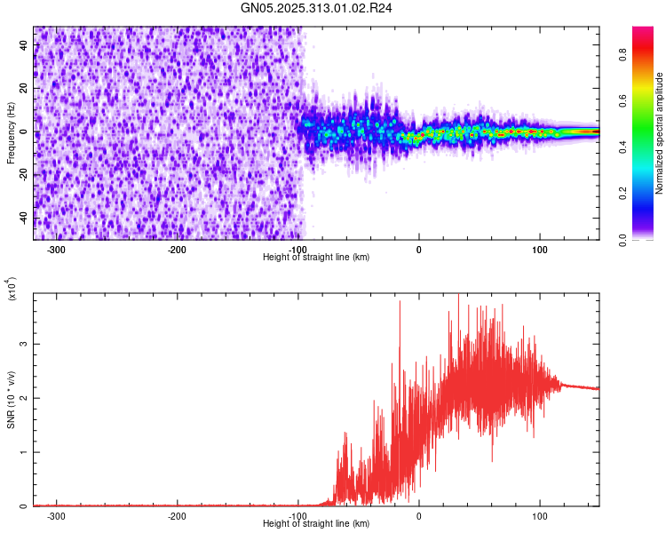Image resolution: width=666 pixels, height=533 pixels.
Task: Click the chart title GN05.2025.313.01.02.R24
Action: [x=332, y=8]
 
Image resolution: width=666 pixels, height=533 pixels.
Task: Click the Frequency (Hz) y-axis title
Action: [x=11, y=132]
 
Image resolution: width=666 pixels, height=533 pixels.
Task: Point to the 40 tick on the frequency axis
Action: [x=23, y=46]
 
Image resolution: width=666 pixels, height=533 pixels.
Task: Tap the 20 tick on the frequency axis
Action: [x=23, y=89]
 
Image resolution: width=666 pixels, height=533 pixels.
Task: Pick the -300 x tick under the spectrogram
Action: [x=57, y=250]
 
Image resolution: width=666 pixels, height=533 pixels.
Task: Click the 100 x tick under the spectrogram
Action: [x=539, y=250]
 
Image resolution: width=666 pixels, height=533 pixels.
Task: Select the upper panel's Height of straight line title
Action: [x=316, y=257]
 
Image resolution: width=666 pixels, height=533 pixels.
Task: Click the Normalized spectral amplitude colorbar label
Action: [x=660, y=132]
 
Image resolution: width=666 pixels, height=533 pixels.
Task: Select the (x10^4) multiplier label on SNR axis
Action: [x=12, y=289]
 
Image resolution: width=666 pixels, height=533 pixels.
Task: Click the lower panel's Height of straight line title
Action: [x=316, y=523]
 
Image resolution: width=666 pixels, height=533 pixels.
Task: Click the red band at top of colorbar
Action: [x=643, y=32]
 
